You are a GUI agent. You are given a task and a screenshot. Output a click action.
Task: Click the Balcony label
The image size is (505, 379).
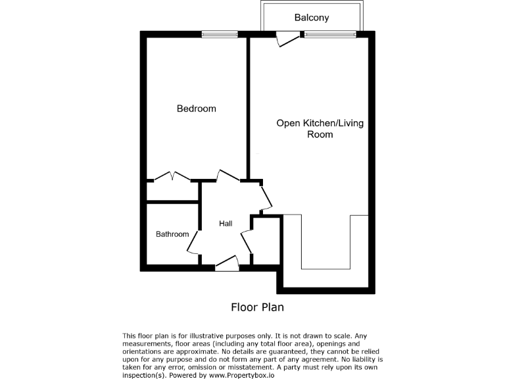pyautogui.click(x=312, y=18)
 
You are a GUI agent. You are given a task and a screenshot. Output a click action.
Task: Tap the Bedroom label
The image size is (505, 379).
pyautogui.click(x=196, y=109)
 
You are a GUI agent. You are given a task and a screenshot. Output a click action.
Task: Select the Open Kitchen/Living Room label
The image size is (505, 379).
pyautogui.click(x=320, y=128)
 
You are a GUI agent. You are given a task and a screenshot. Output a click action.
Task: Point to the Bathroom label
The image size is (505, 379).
pyautogui.click(x=172, y=234)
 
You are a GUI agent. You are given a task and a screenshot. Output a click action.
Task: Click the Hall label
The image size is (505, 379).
pyautogui.click(x=226, y=224)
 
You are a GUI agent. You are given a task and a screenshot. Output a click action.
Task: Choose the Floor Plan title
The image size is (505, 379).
pyautogui.click(x=257, y=307)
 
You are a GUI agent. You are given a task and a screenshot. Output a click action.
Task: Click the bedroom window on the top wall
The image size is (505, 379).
pyautogui.click(x=220, y=34)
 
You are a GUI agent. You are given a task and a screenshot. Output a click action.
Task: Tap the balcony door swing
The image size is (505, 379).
pyautogui.click(x=288, y=39)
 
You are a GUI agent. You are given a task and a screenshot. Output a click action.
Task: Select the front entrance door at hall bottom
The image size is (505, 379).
pyautogui.click(x=227, y=264)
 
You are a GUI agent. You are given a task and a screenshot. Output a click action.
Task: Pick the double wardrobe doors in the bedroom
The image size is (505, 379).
pyautogui.click(x=172, y=177)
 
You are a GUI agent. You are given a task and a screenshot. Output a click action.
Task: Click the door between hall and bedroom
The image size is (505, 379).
pyautogui.click(x=228, y=176)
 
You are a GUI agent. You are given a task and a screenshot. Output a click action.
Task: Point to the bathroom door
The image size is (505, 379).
pyautogui.click(x=193, y=243)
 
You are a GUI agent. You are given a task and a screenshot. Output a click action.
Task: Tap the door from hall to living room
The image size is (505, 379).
pyautogui.click(x=266, y=197)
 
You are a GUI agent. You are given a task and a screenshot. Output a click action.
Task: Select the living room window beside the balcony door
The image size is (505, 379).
pyautogui.click(x=330, y=34)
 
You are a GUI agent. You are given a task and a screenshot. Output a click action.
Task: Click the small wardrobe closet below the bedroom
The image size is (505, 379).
pyautogui.click(x=172, y=191)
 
